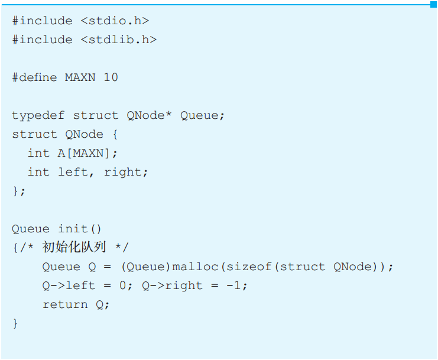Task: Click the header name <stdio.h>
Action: click(x=115, y=21)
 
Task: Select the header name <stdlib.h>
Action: click(x=118, y=40)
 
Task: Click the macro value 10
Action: click(x=111, y=77)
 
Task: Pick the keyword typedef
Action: click(x=38, y=115)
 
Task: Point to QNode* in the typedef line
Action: click(x=149, y=115)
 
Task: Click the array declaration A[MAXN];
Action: click(x=88, y=153)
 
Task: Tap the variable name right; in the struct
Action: click(x=126, y=172)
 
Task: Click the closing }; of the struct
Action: click(x=19, y=191)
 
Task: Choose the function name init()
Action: click(x=80, y=229)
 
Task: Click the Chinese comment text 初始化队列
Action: click(x=73, y=248)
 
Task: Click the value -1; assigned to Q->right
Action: click(x=236, y=286)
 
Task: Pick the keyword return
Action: click(x=65, y=304)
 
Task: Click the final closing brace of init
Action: click(x=15, y=323)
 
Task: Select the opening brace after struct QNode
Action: click(x=115, y=134)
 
